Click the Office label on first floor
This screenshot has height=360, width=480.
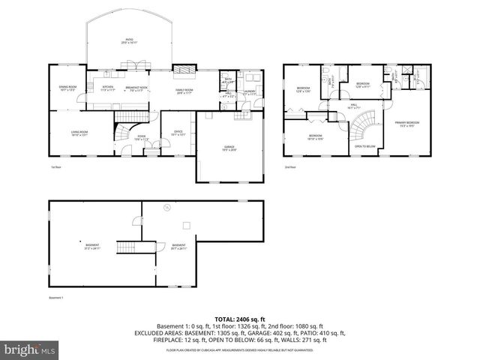[x=178, y=133]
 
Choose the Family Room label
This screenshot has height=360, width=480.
[x=184, y=91]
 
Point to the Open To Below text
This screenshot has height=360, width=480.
[x=364, y=146]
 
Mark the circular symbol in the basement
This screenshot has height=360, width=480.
[x=166, y=207]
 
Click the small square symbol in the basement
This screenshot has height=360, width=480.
[x=184, y=223]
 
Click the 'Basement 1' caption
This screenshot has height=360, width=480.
[x=57, y=298]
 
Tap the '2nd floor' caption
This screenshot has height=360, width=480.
[x=290, y=166]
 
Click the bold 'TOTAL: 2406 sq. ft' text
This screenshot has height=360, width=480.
[x=239, y=319]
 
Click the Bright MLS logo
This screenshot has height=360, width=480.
[x=28, y=350]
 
